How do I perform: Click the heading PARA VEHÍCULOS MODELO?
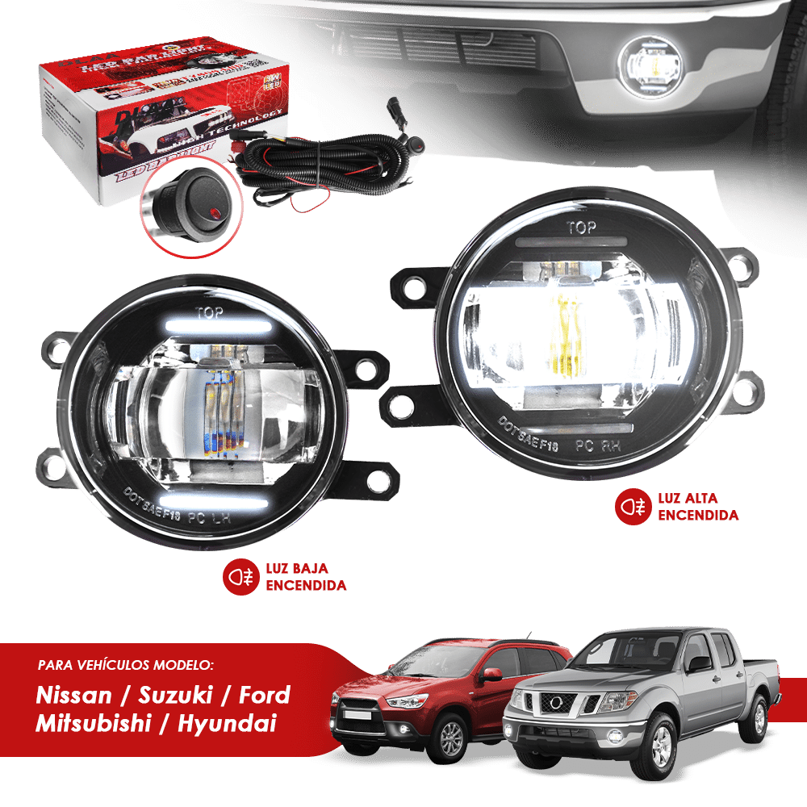(126, 667)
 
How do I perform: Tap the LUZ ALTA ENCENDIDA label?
(698, 507)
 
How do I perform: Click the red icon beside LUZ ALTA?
(631, 507)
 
